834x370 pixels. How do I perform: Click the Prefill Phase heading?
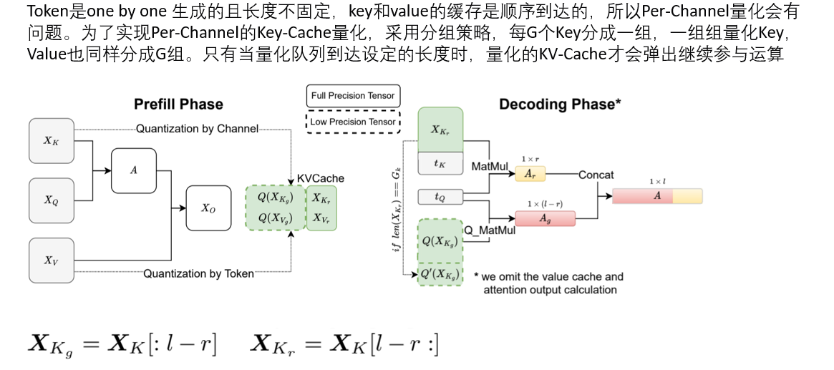178,104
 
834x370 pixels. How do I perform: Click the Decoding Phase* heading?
560,104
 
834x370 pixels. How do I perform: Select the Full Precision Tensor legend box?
352,95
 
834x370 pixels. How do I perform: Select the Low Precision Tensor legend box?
352,122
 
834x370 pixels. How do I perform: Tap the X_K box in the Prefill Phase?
51,140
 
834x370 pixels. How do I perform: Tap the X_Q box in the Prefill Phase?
51,200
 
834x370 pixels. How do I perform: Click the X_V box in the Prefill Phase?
51,261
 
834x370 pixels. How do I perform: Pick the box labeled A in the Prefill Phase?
133,170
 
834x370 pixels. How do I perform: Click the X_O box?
208,208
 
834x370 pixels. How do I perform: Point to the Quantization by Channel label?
197,130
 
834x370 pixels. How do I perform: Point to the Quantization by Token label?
198,273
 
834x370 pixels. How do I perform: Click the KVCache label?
320,178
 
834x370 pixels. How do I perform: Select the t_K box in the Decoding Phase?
440,163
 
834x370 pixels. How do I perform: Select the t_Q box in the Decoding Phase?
440,196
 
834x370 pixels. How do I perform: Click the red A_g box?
545,218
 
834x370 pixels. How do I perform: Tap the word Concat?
596,175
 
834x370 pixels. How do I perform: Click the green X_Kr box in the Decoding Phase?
440,130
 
